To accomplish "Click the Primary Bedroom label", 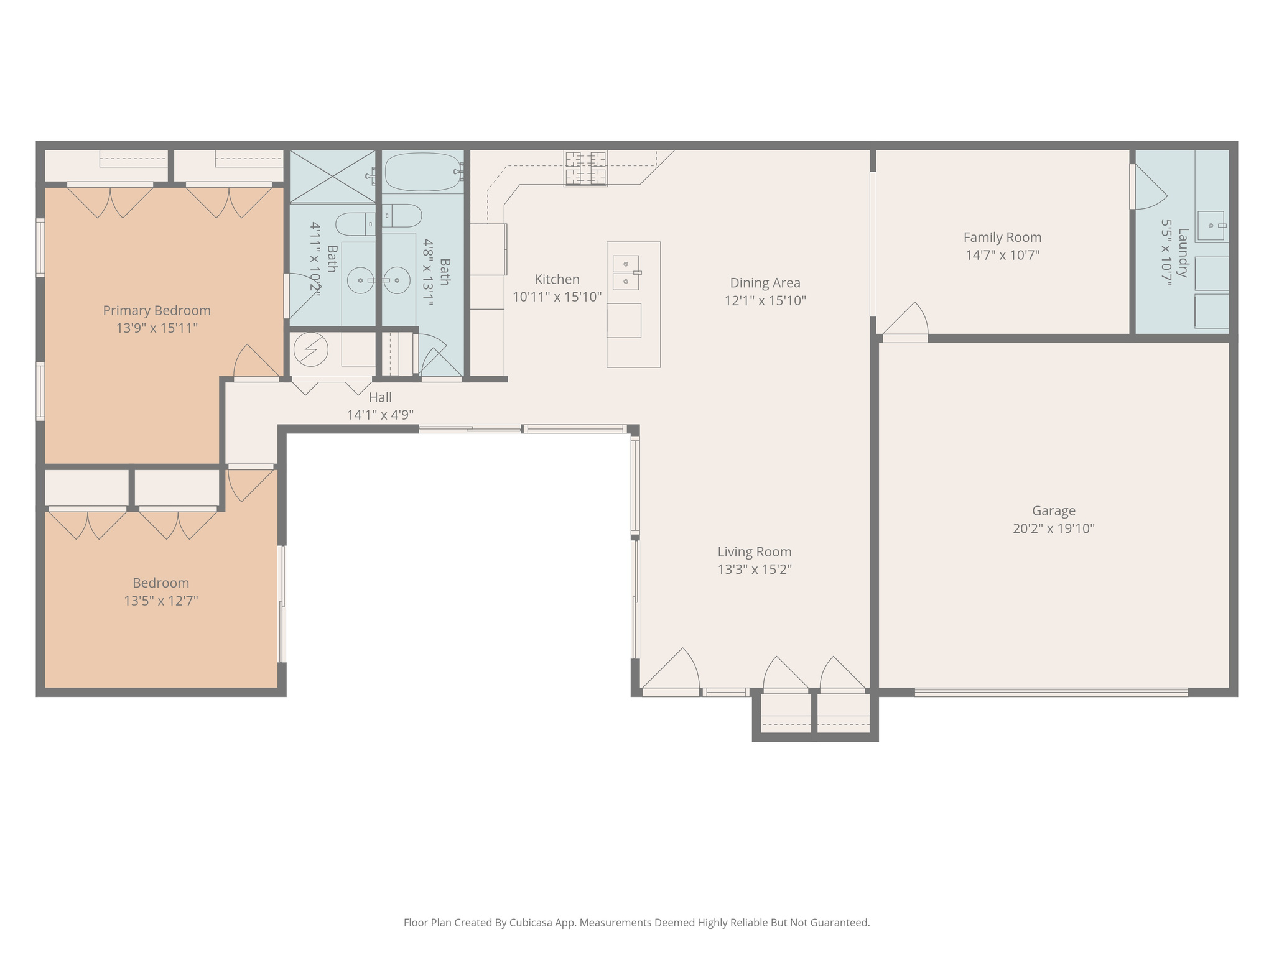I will (x=157, y=310).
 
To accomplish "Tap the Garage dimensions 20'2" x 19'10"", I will (x=1053, y=528).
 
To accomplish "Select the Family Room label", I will (x=1002, y=238).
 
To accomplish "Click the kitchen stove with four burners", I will (x=585, y=168).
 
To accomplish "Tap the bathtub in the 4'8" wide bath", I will (x=423, y=172).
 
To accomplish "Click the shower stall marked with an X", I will (x=333, y=177).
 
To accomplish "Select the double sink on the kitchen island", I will (x=626, y=273).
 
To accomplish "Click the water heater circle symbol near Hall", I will (x=310, y=349).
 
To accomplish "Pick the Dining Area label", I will (x=765, y=283).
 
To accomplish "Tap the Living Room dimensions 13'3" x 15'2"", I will (x=755, y=569).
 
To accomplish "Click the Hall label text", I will (x=380, y=397).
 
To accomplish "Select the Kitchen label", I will (x=557, y=280).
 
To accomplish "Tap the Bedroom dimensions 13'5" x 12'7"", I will (x=160, y=601).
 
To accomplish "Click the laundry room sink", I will (x=1211, y=226).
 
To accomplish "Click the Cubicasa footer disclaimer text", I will (x=636, y=923).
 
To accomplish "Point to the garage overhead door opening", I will (x=1051, y=692).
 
